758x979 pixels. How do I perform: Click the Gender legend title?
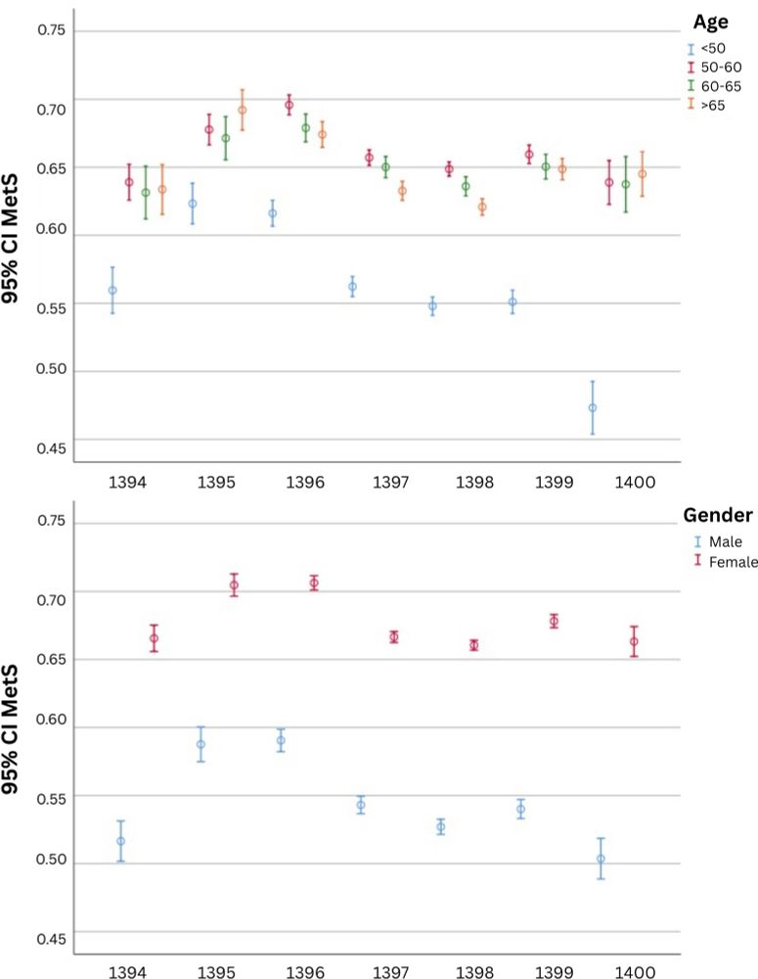pos(717,515)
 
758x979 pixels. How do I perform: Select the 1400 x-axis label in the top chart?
pos(635,484)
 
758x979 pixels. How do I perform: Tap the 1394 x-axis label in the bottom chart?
pos(130,972)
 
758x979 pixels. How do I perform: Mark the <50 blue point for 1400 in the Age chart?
pos(592,407)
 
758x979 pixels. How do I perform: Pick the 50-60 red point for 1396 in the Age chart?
pos(290,105)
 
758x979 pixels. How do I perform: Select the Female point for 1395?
pos(234,585)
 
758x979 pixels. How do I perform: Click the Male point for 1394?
pos(121,841)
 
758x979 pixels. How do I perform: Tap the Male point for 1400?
pos(601,859)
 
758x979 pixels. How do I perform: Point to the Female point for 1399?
pos(554,622)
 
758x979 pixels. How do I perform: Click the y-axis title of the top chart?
pos(18,235)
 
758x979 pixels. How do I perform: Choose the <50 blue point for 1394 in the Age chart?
pos(112,290)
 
